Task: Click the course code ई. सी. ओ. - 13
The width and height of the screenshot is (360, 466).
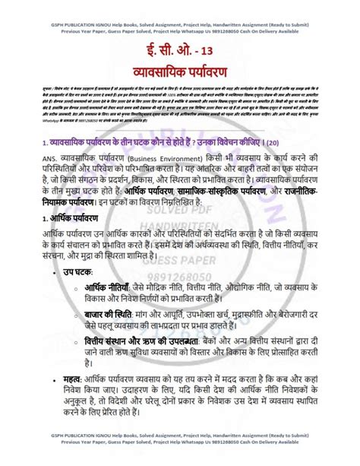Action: (179, 53)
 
